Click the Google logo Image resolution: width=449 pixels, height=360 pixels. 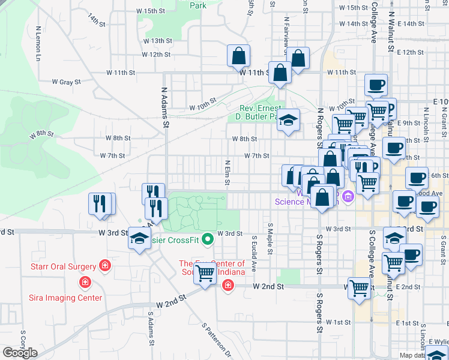click(20, 353)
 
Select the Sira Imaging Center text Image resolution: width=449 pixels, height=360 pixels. click(67, 298)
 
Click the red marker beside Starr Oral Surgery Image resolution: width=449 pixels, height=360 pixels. click(105, 265)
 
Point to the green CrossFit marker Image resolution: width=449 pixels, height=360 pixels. click(208, 239)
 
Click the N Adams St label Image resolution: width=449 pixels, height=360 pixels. click(163, 108)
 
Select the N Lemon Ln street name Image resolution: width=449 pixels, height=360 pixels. click(38, 43)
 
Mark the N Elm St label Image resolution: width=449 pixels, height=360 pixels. click(228, 173)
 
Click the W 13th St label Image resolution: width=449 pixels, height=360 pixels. click(158, 41)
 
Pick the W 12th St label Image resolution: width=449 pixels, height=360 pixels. click(156, 55)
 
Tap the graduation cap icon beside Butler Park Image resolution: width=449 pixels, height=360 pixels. click(288, 120)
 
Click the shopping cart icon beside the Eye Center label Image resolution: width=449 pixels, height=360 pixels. click(205, 274)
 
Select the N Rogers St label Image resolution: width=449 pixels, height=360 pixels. click(320, 127)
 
